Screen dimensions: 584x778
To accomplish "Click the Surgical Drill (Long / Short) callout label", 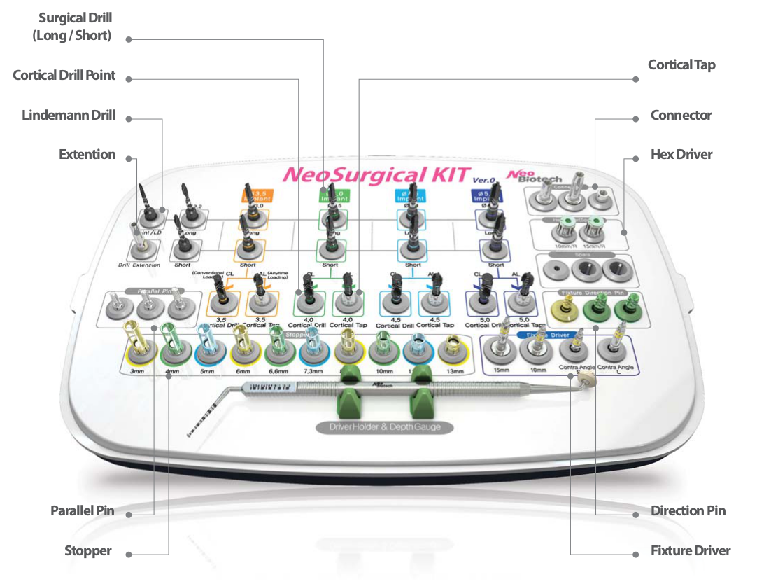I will [x=72, y=26].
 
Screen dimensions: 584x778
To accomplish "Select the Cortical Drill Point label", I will [x=64, y=76].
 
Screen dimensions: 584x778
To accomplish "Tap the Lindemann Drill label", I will [x=69, y=116].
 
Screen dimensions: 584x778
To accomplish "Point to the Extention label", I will [x=87, y=155].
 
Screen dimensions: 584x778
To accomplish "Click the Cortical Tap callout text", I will [x=681, y=65].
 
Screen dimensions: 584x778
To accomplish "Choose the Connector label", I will [x=681, y=116].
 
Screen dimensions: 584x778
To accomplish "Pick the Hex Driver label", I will [x=681, y=155].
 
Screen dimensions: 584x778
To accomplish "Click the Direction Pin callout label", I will [x=688, y=511].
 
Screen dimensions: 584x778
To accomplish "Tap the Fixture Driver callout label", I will [x=690, y=551].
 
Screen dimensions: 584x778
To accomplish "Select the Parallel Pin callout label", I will [x=82, y=511].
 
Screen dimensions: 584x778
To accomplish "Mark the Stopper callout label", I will [x=88, y=551].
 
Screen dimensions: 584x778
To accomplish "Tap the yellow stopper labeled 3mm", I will [x=136, y=348].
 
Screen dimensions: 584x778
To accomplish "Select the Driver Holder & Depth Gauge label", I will [x=386, y=426].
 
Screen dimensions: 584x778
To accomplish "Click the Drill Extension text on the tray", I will [x=138, y=265].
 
